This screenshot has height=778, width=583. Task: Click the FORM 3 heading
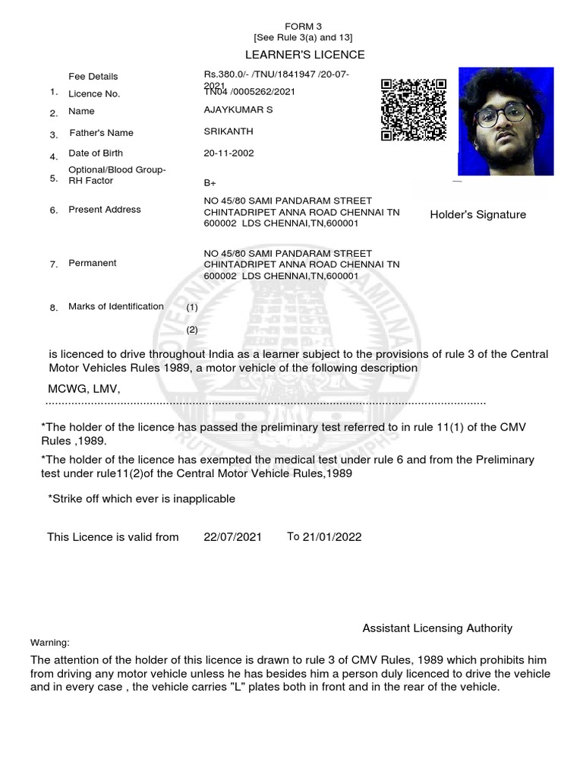click(x=303, y=26)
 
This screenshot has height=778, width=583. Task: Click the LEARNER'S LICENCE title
click(x=304, y=55)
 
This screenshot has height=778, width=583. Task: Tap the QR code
click(x=413, y=110)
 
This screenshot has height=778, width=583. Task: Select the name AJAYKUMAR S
click(x=238, y=111)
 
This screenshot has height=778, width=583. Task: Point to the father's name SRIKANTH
click(x=228, y=131)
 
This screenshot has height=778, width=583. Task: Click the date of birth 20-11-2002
click(x=228, y=153)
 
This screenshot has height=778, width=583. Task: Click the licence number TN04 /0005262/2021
click(x=249, y=92)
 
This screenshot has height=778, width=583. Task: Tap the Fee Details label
click(x=93, y=77)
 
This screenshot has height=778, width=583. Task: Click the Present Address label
click(x=104, y=210)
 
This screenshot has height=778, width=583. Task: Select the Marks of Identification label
click(x=115, y=307)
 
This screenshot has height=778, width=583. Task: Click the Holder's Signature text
click(x=477, y=215)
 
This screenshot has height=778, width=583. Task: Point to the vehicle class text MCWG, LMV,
click(x=84, y=389)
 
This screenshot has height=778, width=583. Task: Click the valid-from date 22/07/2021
click(x=232, y=537)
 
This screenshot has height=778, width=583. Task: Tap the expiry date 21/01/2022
click(x=332, y=537)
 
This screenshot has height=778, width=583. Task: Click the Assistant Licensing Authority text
click(x=437, y=628)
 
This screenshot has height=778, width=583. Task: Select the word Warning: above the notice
click(x=49, y=643)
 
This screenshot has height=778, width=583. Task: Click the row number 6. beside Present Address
click(x=54, y=210)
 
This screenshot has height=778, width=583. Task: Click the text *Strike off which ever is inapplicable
click(x=141, y=499)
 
